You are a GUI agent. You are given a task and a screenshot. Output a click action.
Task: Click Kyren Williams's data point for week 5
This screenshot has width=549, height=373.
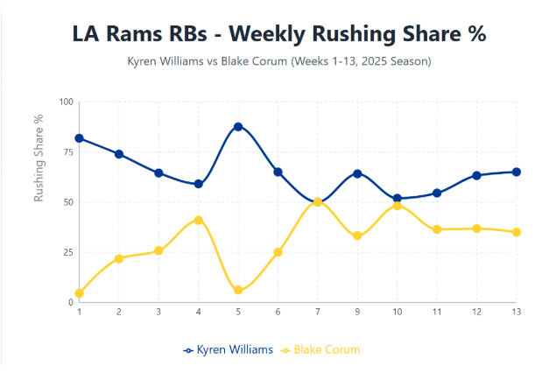point(238,127)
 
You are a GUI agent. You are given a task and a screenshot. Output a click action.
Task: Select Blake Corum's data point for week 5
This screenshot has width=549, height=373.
point(238,290)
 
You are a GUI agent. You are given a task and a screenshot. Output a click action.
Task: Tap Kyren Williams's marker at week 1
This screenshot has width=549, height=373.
point(80,138)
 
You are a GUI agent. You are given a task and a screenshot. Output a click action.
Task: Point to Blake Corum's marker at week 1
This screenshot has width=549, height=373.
point(80,293)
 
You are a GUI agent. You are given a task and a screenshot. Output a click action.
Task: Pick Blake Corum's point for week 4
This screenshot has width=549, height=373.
point(199,220)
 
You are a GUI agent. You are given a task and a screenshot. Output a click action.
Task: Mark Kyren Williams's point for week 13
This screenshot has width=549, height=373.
point(517,172)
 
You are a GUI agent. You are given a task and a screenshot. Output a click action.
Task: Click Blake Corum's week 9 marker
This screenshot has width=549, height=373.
point(357,236)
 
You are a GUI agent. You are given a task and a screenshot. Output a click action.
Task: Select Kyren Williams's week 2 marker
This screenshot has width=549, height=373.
point(119,154)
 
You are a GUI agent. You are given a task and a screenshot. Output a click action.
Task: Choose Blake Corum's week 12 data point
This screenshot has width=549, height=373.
point(477,229)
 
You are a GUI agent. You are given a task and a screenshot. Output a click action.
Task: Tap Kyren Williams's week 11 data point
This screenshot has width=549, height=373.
point(437,193)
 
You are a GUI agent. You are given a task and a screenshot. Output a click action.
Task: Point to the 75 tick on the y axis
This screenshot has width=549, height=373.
point(67,151)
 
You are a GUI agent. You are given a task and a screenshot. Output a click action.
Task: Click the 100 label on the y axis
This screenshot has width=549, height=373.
point(66,102)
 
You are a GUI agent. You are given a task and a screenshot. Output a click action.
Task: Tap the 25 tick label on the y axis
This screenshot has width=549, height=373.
point(67,252)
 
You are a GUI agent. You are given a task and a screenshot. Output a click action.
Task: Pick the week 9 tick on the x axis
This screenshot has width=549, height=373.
point(357,311)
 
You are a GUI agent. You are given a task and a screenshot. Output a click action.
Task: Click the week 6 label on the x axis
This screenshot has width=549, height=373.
point(278,311)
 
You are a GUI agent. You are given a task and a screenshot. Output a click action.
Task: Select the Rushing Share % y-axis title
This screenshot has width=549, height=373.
point(39,158)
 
